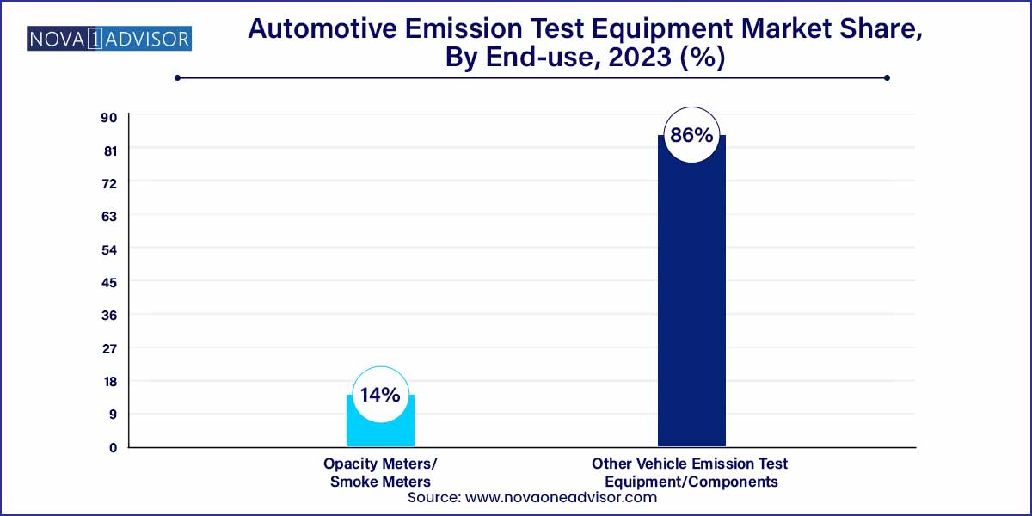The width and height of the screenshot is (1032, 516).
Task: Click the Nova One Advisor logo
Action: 109,39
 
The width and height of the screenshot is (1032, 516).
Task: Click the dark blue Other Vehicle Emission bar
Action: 691,301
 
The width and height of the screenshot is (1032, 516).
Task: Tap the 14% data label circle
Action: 380,396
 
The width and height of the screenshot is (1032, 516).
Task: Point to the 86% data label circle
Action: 691,135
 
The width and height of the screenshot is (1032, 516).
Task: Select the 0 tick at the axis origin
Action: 112,447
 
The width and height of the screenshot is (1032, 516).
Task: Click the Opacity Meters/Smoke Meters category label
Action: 380,472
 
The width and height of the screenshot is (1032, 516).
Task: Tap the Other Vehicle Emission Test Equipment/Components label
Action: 690,472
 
